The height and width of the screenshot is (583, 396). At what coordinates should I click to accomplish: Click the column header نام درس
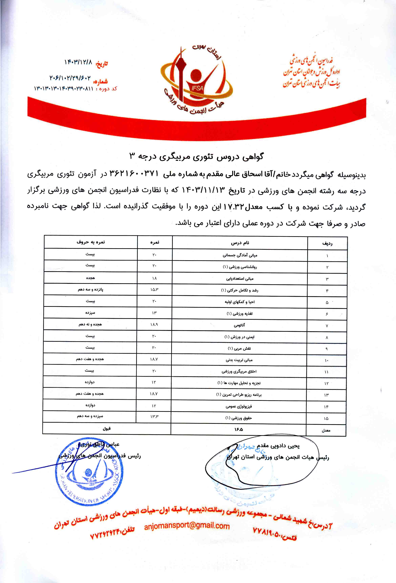click(x=240, y=243)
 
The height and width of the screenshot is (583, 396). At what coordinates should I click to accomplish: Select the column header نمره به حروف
click(x=91, y=242)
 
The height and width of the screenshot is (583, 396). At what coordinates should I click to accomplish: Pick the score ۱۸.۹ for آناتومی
click(x=154, y=325)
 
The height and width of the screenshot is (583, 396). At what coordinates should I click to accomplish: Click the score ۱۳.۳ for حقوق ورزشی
click(x=154, y=417)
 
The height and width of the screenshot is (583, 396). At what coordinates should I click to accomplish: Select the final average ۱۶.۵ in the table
click(x=238, y=429)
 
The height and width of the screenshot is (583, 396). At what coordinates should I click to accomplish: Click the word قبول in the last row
click(x=107, y=429)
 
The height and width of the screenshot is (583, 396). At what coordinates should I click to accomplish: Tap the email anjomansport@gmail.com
click(x=187, y=526)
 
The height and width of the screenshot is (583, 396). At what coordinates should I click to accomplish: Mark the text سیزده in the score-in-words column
click(x=90, y=313)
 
